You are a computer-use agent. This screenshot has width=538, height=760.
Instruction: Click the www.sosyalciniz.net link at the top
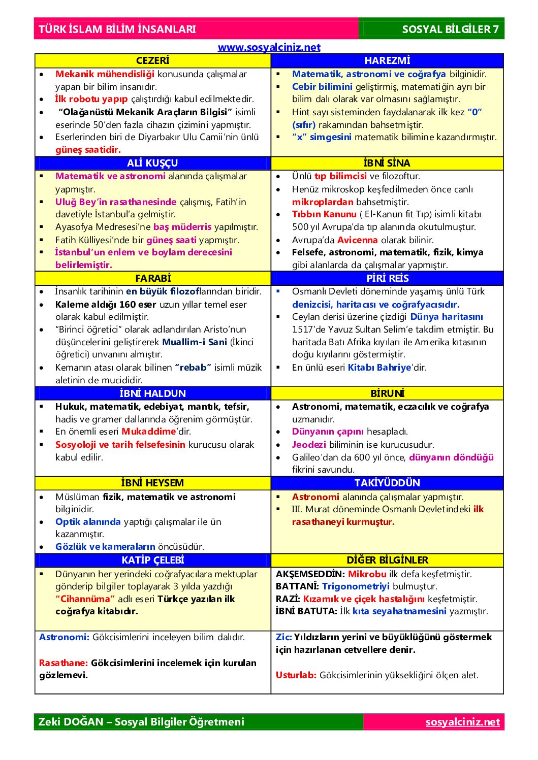(x=269, y=47)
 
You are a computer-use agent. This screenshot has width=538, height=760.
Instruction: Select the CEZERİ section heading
(x=152, y=61)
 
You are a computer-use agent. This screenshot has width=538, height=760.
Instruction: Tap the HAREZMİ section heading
(x=387, y=61)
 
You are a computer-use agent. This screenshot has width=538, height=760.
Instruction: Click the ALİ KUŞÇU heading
(x=152, y=163)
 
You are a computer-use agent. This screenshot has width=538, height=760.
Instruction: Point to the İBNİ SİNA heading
(x=387, y=163)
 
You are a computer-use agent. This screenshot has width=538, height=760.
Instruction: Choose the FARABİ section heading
(x=152, y=278)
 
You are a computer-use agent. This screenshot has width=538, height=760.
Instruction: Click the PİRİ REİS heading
(x=387, y=278)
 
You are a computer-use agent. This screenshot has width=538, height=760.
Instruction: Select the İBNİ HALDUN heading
(x=152, y=393)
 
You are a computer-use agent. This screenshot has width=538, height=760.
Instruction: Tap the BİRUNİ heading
(x=387, y=393)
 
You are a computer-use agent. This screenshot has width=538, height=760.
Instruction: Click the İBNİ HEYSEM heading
(x=152, y=483)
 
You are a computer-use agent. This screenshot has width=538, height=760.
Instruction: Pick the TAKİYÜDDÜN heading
(x=387, y=483)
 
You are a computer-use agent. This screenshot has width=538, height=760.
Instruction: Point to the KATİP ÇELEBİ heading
(x=152, y=560)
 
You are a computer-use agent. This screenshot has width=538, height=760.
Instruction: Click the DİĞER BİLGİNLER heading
(x=387, y=560)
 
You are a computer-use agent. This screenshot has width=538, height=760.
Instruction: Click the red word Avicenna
(x=357, y=240)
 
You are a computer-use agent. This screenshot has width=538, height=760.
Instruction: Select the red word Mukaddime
(x=148, y=432)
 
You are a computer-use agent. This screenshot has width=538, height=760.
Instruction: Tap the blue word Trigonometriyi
(x=356, y=586)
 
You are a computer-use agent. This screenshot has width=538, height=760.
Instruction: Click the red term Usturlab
(x=296, y=675)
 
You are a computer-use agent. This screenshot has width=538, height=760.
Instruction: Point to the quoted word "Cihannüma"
(x=85, y=599)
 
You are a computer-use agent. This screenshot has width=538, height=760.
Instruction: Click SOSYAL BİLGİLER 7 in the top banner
(x=450, y=29)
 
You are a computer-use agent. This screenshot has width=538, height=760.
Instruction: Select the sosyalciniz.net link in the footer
(x=462, y=722)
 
